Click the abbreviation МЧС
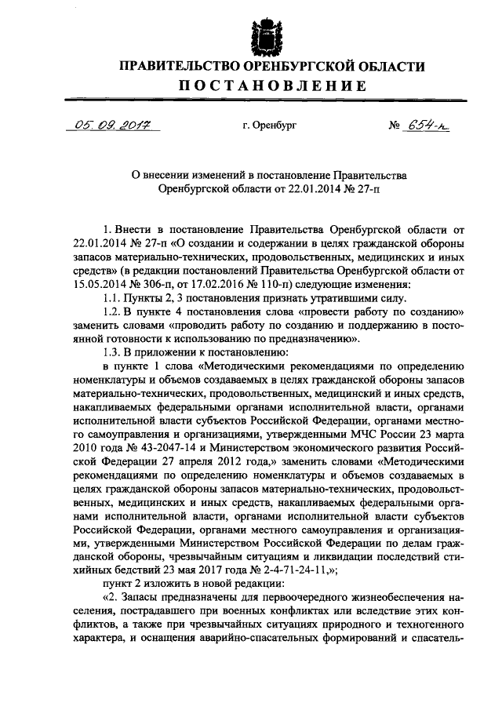358,435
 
